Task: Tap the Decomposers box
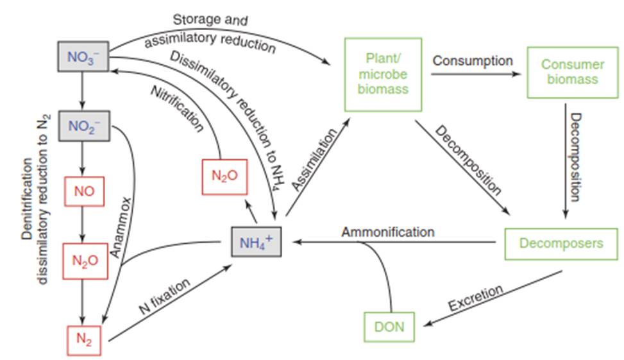(x=561, y=243)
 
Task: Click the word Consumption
(x=473, y=61)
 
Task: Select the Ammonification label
(x=388, y=231)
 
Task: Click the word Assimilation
(x=314, y=158)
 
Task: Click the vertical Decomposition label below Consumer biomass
(x=575, y=157)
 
